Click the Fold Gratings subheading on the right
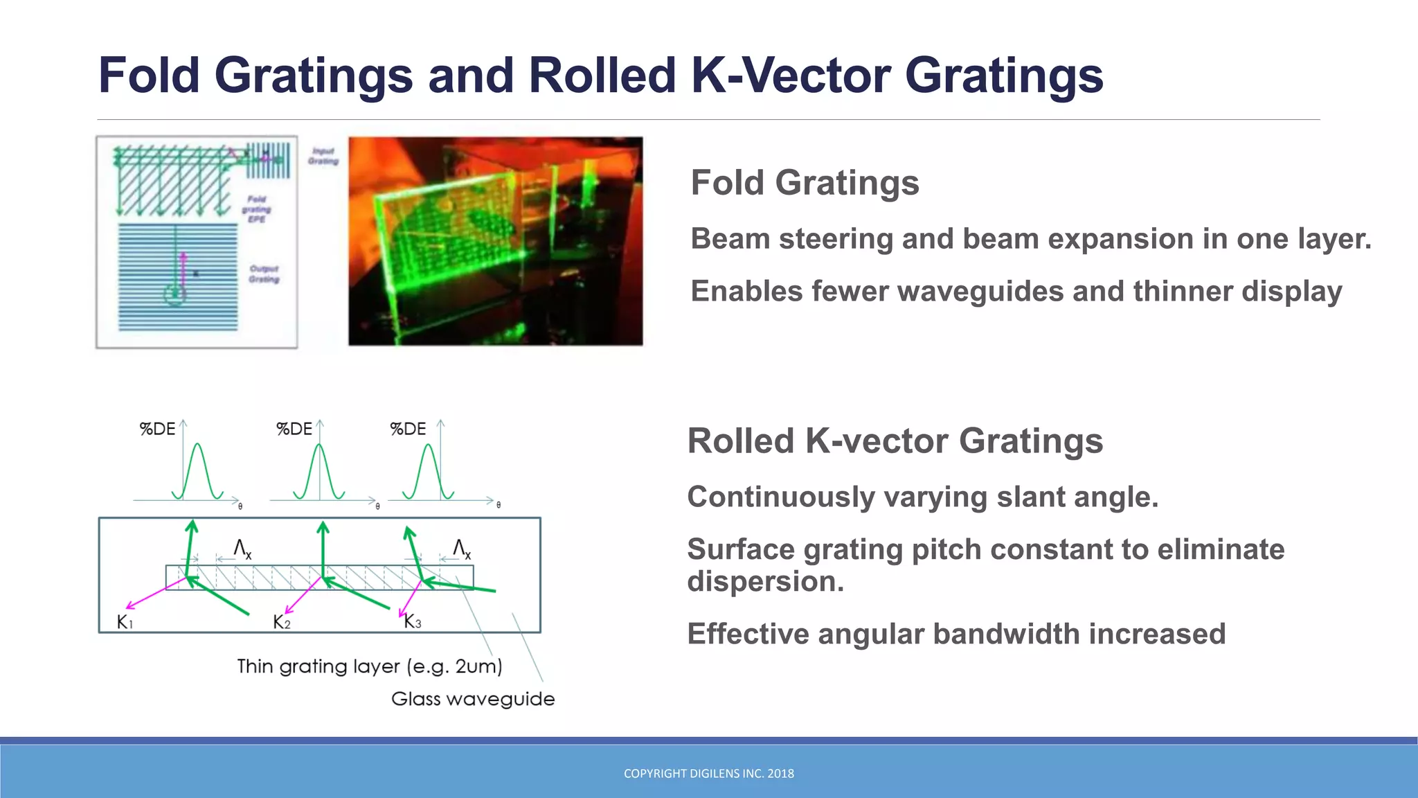(805, 183)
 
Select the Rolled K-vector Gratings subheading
(895, 441)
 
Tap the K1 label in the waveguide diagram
(125, 622)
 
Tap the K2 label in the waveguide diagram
(281, 622)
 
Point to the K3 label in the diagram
(412, 621)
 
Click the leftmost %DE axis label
(157, 429)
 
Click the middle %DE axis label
(294, 429)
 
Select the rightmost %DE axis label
(408, 429)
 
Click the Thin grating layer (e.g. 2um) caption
(369, 666)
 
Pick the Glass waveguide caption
(473, 699)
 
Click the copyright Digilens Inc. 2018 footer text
(708, 774)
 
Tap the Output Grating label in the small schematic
(264, 274)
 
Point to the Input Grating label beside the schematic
(323, 156)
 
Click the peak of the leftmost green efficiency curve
(198, 445)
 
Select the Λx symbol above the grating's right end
(462, 549)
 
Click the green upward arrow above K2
(323, 547)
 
